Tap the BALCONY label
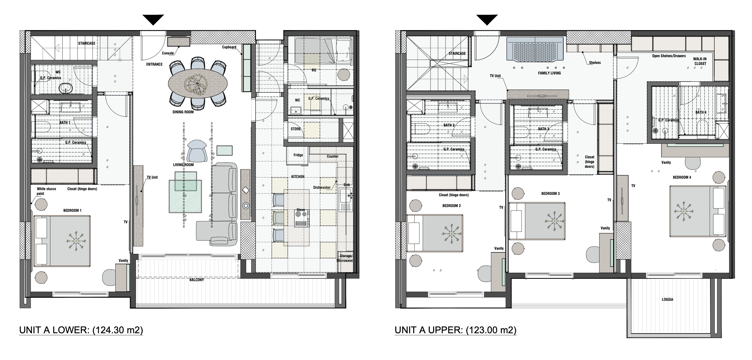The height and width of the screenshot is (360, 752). pos(196,280)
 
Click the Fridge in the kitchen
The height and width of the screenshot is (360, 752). pos(298,155)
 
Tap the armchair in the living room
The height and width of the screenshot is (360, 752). pos(196,151)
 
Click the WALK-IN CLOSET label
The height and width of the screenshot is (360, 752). pos(700,61)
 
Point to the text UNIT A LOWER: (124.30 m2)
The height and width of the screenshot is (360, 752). pos(81,330)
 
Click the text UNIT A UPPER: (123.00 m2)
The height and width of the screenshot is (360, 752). pos(455,330)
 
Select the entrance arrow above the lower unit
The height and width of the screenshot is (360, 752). pos(153,20)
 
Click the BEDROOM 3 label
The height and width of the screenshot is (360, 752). pos(550,194)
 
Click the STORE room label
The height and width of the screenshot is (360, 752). pos(296,129)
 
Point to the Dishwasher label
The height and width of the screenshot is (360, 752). pos(321,187)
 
